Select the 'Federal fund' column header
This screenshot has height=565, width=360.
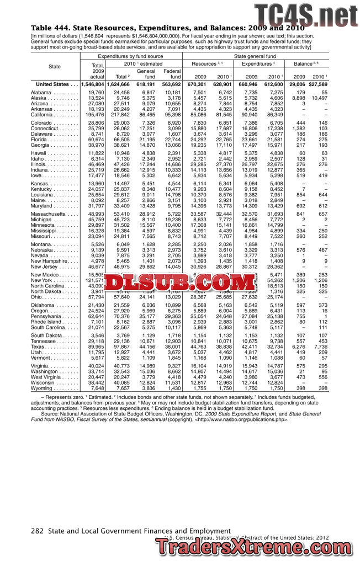pos(172,73)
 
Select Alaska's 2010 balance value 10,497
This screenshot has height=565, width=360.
pos(319,98)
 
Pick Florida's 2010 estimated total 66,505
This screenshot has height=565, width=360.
pos(120,140)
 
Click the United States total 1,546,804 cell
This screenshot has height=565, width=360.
pos(92,84)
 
